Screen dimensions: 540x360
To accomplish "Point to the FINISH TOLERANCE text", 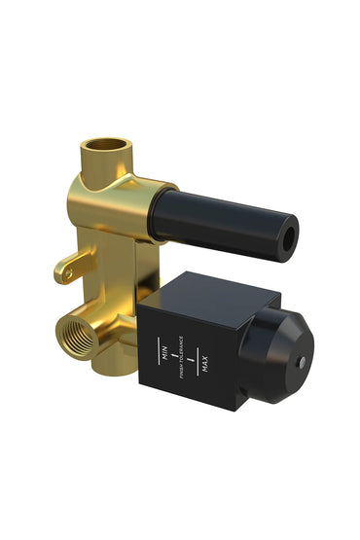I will coord(182,359).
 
